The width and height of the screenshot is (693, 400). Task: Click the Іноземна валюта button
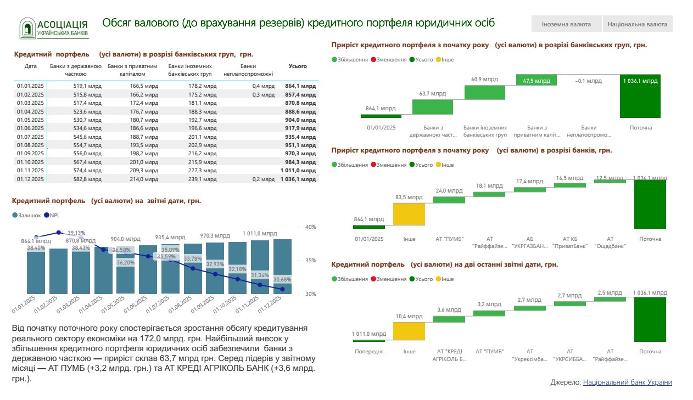coord(566,24)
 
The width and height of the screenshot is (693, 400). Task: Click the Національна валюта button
coord(638,24)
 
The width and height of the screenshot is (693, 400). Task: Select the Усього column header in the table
coord(298,66)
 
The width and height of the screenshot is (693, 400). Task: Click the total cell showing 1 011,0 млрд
coord(298,170)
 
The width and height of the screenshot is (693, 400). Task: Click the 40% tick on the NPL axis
coord(310,227)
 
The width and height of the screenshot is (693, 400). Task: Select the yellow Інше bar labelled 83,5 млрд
coord(409,214)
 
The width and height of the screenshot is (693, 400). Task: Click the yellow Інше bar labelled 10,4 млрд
coord(409,331)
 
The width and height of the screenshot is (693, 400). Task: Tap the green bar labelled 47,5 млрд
coord(536,80)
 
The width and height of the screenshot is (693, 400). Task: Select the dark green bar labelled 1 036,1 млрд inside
coord(640,96)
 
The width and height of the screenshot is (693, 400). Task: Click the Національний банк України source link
coord(627,382)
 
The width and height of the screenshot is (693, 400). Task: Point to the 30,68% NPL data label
coord(282,279)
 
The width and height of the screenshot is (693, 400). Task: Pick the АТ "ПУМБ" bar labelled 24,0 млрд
coord(449,200)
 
